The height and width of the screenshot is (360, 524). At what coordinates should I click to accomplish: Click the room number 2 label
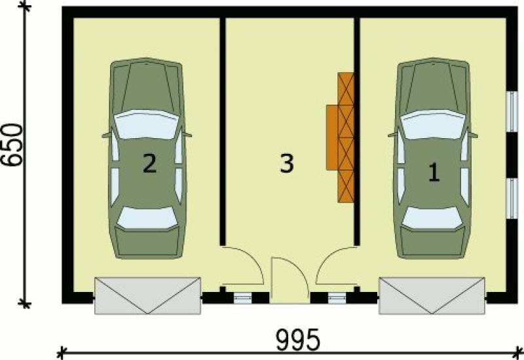point(149,163)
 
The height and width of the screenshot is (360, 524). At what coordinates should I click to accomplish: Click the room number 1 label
point(434,172)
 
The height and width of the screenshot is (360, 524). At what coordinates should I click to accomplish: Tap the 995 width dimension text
point(299,340)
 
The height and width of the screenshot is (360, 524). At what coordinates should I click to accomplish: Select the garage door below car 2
point(148,296)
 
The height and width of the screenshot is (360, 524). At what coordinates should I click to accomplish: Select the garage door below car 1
point(432,296)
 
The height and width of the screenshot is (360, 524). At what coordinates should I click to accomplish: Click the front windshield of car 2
point(146,124)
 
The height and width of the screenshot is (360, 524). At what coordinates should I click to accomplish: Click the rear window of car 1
point(433,218)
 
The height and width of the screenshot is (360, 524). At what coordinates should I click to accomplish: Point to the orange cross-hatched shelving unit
point(346,137)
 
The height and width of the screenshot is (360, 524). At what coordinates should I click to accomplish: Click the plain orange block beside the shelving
point(332,137)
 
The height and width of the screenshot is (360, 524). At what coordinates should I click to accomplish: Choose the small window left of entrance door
point(242,298)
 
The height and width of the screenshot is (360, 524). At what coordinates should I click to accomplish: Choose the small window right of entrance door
point(337,298)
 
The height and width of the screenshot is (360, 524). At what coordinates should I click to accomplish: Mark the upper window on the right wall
point(512,111)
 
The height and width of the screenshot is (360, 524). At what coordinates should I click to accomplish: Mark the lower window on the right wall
point(512,199)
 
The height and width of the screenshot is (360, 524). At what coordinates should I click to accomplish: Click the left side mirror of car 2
point(106,135)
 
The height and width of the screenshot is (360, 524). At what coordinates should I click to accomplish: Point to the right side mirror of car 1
point(473,135)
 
